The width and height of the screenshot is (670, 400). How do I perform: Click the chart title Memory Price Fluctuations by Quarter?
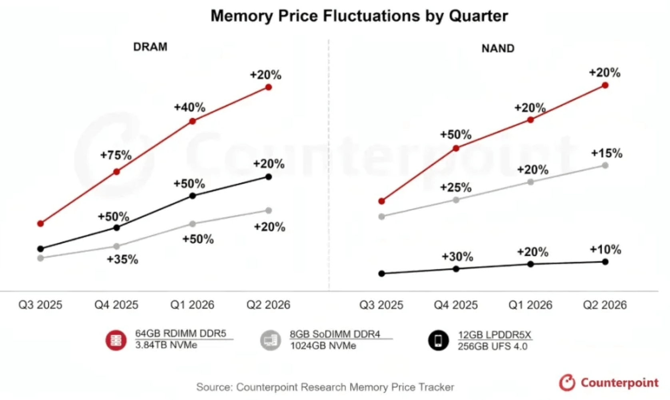[x=359, y=16]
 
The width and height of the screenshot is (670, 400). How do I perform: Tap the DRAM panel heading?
[x=150, y=47]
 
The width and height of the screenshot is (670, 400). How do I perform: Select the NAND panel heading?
[x=498, y=48]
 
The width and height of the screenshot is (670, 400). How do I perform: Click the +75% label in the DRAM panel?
[x=116, y=155]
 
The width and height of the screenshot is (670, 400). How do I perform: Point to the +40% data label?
[x=189, y=107]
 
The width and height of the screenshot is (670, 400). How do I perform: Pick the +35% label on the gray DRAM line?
[x=122, y=259]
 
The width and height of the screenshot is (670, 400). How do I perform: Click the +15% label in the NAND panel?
[x=606, y=153]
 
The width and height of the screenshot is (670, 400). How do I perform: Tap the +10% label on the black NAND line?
[x=606, y=250]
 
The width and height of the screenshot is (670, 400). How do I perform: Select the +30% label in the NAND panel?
[x=457, y=257]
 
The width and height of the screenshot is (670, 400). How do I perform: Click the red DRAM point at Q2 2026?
[x=269, y=87]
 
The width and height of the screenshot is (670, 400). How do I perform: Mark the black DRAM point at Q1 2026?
[x=193, y=196]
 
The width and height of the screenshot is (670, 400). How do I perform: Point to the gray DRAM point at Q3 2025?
[x=40, y=258]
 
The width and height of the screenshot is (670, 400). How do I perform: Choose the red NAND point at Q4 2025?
[x=456, y=149]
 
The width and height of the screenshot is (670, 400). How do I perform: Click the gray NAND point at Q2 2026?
[x=605, y=166]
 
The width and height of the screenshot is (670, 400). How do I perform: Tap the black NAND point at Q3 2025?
[x=382, y=274]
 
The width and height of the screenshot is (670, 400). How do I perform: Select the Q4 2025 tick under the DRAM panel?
[x=116, y=305]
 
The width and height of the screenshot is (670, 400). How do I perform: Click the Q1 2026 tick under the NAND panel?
[x=530, y=305]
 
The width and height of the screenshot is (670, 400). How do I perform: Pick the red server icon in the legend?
[x=116, y=341]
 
